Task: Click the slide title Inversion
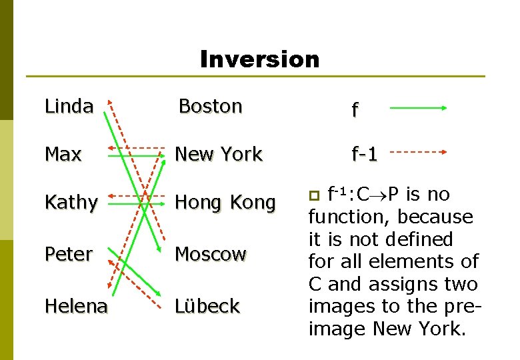coord(259,59)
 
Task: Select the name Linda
coord(69,106)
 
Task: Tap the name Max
coord(63,154)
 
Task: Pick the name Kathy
coord(71,203)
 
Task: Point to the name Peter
coord(68,254)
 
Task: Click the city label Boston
coord(210,106)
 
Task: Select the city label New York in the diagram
coord(219,154)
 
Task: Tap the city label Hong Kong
coord(225,203)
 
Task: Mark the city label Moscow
coord(210,254)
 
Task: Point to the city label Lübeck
coord(207,306)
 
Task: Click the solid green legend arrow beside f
coord(418,107)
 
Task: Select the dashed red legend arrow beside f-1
coord(418,152)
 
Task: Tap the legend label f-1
coord(365,155)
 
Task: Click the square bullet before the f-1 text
coord(316,195)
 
